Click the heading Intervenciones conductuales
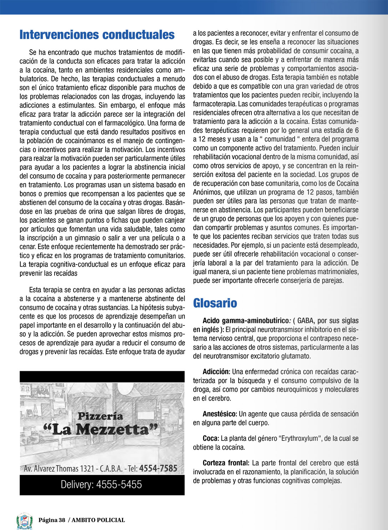tap(97, 35)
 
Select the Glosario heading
tap(215, 303)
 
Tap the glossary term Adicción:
tap(216, 372)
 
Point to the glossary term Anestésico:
tap(220, 414)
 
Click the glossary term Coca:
tap(211, 439)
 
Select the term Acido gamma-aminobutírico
tap(246, 320)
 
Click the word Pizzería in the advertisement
tap(100, 416)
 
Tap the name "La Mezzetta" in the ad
tap(100, 429)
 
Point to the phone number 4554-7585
tap(158, 468)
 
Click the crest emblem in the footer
tap(25, 521)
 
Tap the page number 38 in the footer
tap(62, 520)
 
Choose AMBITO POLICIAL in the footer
tap(98, 520)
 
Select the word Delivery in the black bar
tap(77, 485)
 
